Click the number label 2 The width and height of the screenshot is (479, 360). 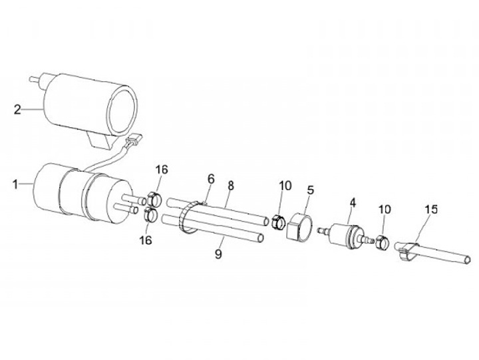(x=17, y=108)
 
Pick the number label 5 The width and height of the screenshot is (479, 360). (x=310, y=190)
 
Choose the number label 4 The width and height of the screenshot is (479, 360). (x=353, y=201)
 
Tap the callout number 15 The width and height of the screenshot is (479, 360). (x=430, y=209)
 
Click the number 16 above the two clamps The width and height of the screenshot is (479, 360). (x=162, y=170)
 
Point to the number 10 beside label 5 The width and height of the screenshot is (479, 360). (x=284, y=186)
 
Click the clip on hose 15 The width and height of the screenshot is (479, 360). (x=407, y=252)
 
